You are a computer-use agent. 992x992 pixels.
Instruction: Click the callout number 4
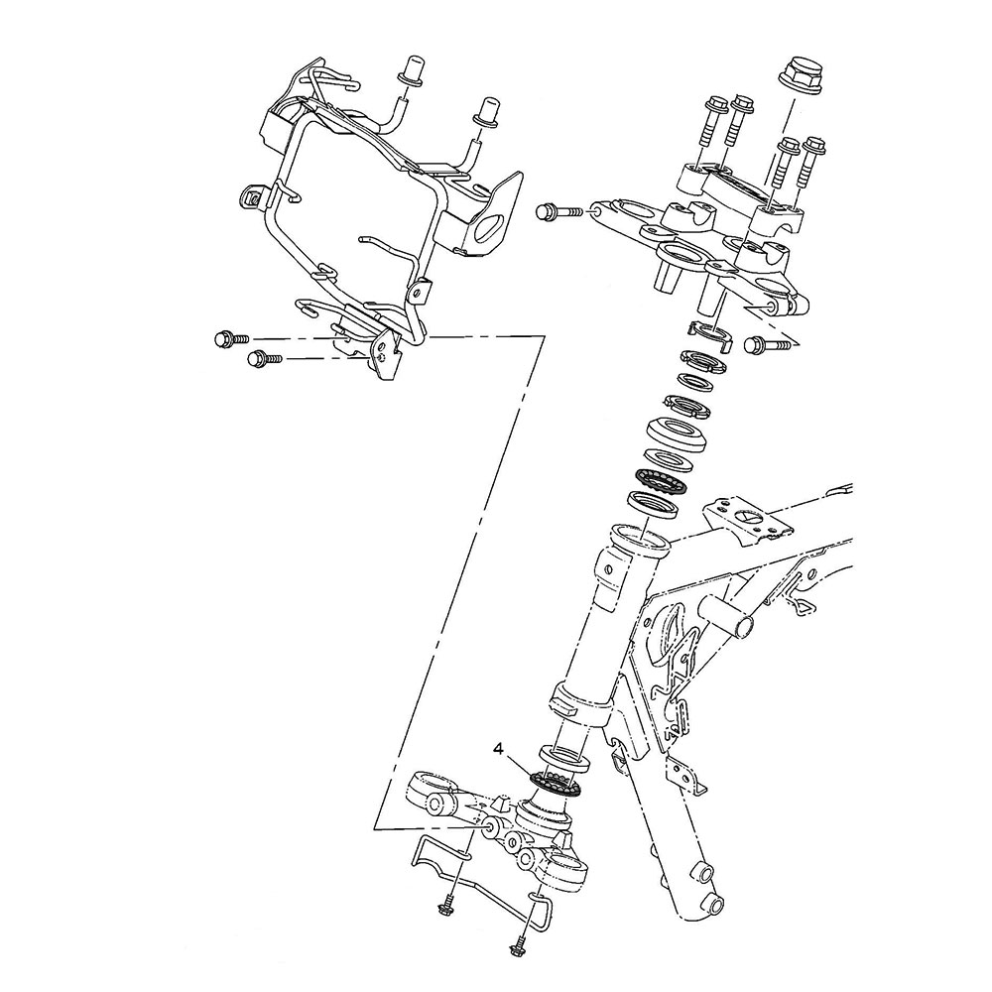(500, 747)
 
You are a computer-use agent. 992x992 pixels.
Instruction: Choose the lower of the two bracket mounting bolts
(262, 358)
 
